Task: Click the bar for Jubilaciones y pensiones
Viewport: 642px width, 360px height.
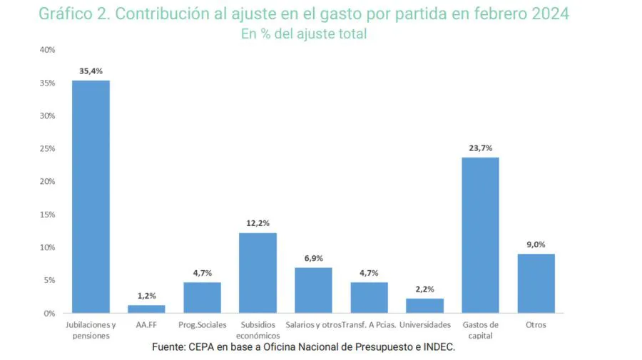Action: click(91, 197)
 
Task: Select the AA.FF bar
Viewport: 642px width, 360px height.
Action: click(146, 309)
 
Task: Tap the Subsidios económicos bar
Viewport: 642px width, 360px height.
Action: click(258, 273)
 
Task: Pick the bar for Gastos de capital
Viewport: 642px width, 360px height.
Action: click(480, 235)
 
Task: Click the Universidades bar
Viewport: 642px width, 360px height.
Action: click(424, 305)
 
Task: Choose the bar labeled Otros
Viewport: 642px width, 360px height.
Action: click(536, 283)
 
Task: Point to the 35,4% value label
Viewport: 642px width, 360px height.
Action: click(91, 71)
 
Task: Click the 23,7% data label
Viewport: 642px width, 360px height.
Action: click(480, 148)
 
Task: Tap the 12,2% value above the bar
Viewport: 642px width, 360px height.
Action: click(258, 224)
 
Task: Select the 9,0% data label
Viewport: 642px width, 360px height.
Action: click(536, 245)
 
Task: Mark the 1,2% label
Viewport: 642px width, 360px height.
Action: click(146, 296)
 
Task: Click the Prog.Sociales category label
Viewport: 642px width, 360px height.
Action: click(202, 325)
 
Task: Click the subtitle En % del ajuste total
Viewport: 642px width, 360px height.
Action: click(303, 34)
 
